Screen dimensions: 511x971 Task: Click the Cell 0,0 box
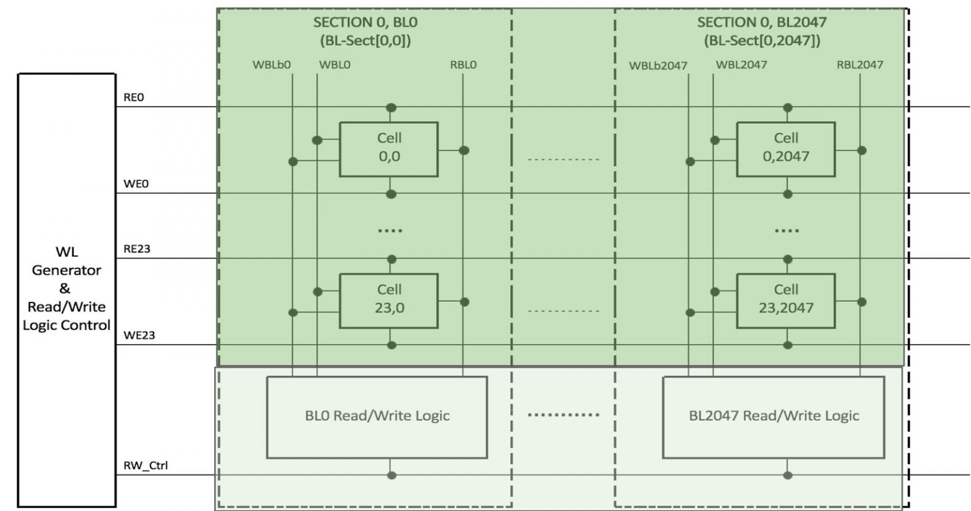389,149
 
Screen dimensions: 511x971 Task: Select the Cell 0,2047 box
786,149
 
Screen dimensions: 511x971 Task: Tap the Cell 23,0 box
389,301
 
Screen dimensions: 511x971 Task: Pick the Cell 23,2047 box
786,301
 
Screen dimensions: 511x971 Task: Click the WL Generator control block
66,289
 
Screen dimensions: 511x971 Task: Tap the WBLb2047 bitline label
658,65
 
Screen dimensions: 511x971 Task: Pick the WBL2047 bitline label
741,64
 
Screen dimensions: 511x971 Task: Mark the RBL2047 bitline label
860,64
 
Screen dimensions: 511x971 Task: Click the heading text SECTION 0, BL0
365,23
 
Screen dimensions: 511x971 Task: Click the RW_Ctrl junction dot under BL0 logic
391,475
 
